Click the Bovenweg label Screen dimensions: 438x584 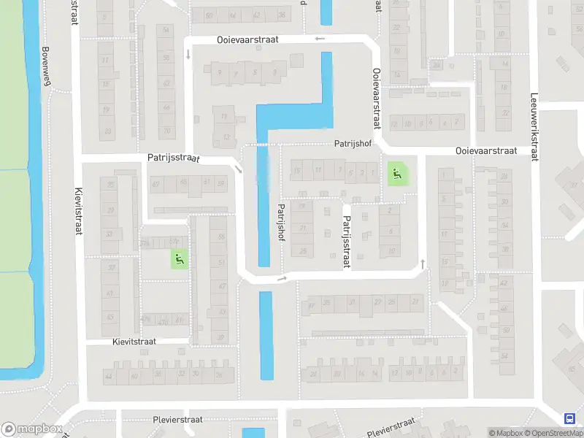tap(46, 66)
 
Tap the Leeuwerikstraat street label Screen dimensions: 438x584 tap(534, 120)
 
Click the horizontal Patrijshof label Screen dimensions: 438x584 tap(354, 145)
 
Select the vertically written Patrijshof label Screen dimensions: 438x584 tap(280, 222)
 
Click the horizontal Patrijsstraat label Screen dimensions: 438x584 tap(173, 157)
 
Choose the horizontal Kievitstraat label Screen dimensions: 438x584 tap(140, 341)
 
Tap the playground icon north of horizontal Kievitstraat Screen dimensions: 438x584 tap(179, 258)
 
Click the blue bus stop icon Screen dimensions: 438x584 tap(569, 418)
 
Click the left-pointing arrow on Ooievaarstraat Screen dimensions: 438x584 tap(319, 39)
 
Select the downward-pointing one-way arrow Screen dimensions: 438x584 tap(188, 53)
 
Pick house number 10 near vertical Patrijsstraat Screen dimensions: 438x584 tap(391, 250)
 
